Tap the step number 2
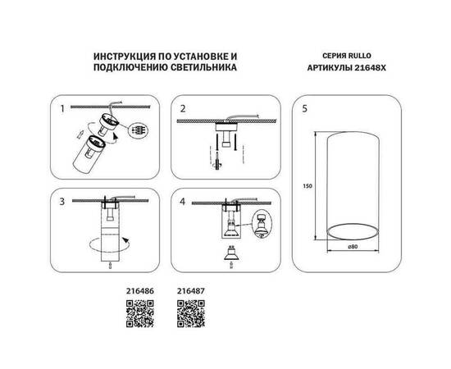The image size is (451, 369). point(183,107)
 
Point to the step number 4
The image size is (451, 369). point(183,199)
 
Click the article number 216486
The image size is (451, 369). point(139,289)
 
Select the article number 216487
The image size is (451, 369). point(191,289)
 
